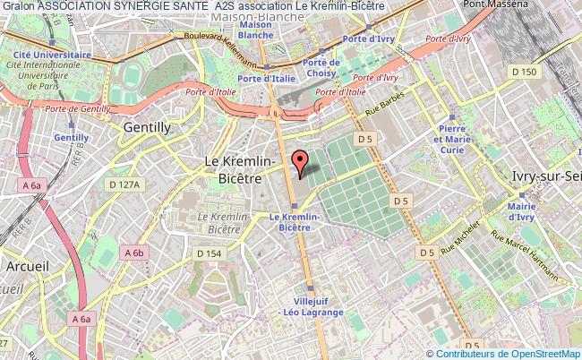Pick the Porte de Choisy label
[321, 67]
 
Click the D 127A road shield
[124, 184]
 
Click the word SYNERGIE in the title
[141, 7]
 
